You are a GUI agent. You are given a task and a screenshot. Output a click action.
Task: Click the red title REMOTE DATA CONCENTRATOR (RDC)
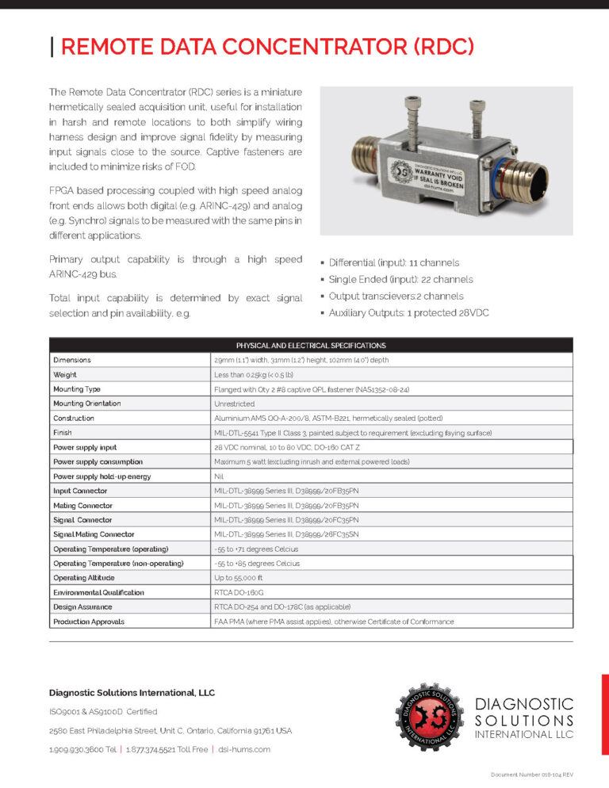click(x=267, y=47)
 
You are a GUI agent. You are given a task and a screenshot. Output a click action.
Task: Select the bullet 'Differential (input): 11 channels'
click(x=394, y=262)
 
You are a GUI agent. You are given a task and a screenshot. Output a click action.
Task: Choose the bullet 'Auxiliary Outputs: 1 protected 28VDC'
click(x=409, y=313)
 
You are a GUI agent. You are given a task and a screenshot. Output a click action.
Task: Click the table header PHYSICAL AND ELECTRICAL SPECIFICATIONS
click(x=311, y=346)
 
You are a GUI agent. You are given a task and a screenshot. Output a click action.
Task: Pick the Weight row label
click(x=65, y=374)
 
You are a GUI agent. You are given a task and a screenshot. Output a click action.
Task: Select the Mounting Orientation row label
click(x=87, y=404)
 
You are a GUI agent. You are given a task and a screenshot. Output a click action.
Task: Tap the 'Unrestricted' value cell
click(x=235, y=404)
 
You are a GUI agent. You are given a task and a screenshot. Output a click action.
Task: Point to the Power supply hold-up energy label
click(x=101, y=476)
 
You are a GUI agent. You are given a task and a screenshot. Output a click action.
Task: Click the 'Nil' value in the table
click(x=220, y=476)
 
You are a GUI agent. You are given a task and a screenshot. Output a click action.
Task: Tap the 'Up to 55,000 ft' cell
click(x=239, y=578)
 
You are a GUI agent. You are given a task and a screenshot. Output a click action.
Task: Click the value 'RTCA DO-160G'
click(x=240, y=592)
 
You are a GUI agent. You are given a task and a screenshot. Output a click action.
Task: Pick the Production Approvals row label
click(x=89, y=622)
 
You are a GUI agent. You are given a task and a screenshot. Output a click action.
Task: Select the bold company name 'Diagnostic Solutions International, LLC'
click(x=132, y=692)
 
